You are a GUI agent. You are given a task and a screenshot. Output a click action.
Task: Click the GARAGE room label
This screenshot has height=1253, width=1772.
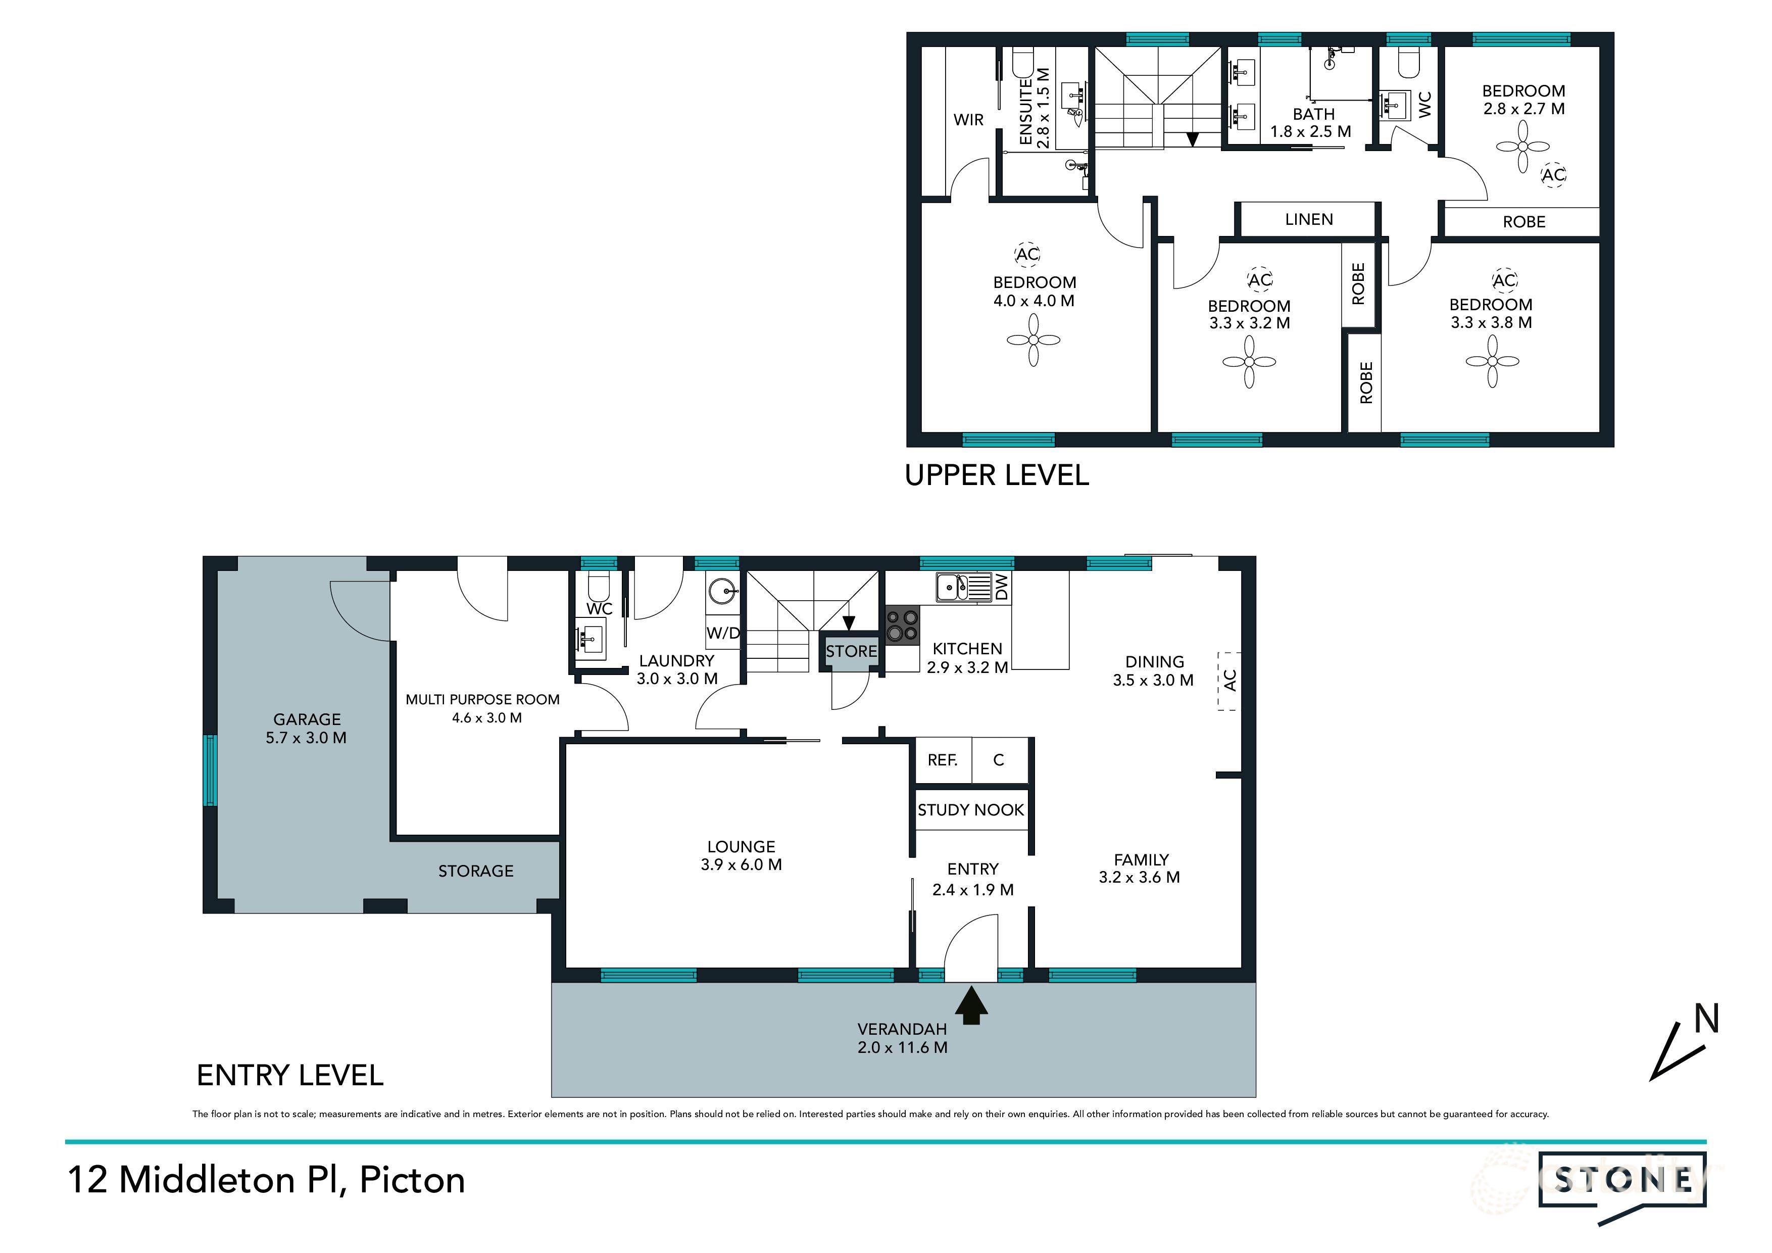pyautogui.click(x=307, y=719)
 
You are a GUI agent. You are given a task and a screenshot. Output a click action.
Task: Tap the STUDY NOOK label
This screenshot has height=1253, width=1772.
pyautogui.click(x=970, y=810)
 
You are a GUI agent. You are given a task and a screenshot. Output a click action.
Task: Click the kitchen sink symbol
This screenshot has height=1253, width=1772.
pyautogui.click(x=962, y=588)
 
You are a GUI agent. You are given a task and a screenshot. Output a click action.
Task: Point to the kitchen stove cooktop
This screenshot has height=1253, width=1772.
pyautogui.click(x=902, y=626)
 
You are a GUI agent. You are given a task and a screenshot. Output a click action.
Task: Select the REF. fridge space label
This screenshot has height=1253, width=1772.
pyautogui.click(x=942, y=760)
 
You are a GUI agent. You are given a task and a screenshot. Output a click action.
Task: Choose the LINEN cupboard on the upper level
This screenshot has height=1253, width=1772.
pyautogui.click(x=1308, y=220)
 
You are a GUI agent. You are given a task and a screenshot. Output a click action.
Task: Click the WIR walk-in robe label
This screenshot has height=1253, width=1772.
pyautogui.click(x=968, y=120)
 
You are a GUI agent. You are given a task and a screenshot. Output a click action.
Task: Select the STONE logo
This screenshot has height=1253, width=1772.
pyautogui.click(x=1622, y=1180)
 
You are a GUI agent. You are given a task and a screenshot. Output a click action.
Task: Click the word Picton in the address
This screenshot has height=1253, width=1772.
pyautogui.click(x=412, y=1180)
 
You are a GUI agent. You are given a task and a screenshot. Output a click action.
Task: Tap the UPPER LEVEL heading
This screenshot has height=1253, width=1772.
pyautogui.click(x=996, y=475)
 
